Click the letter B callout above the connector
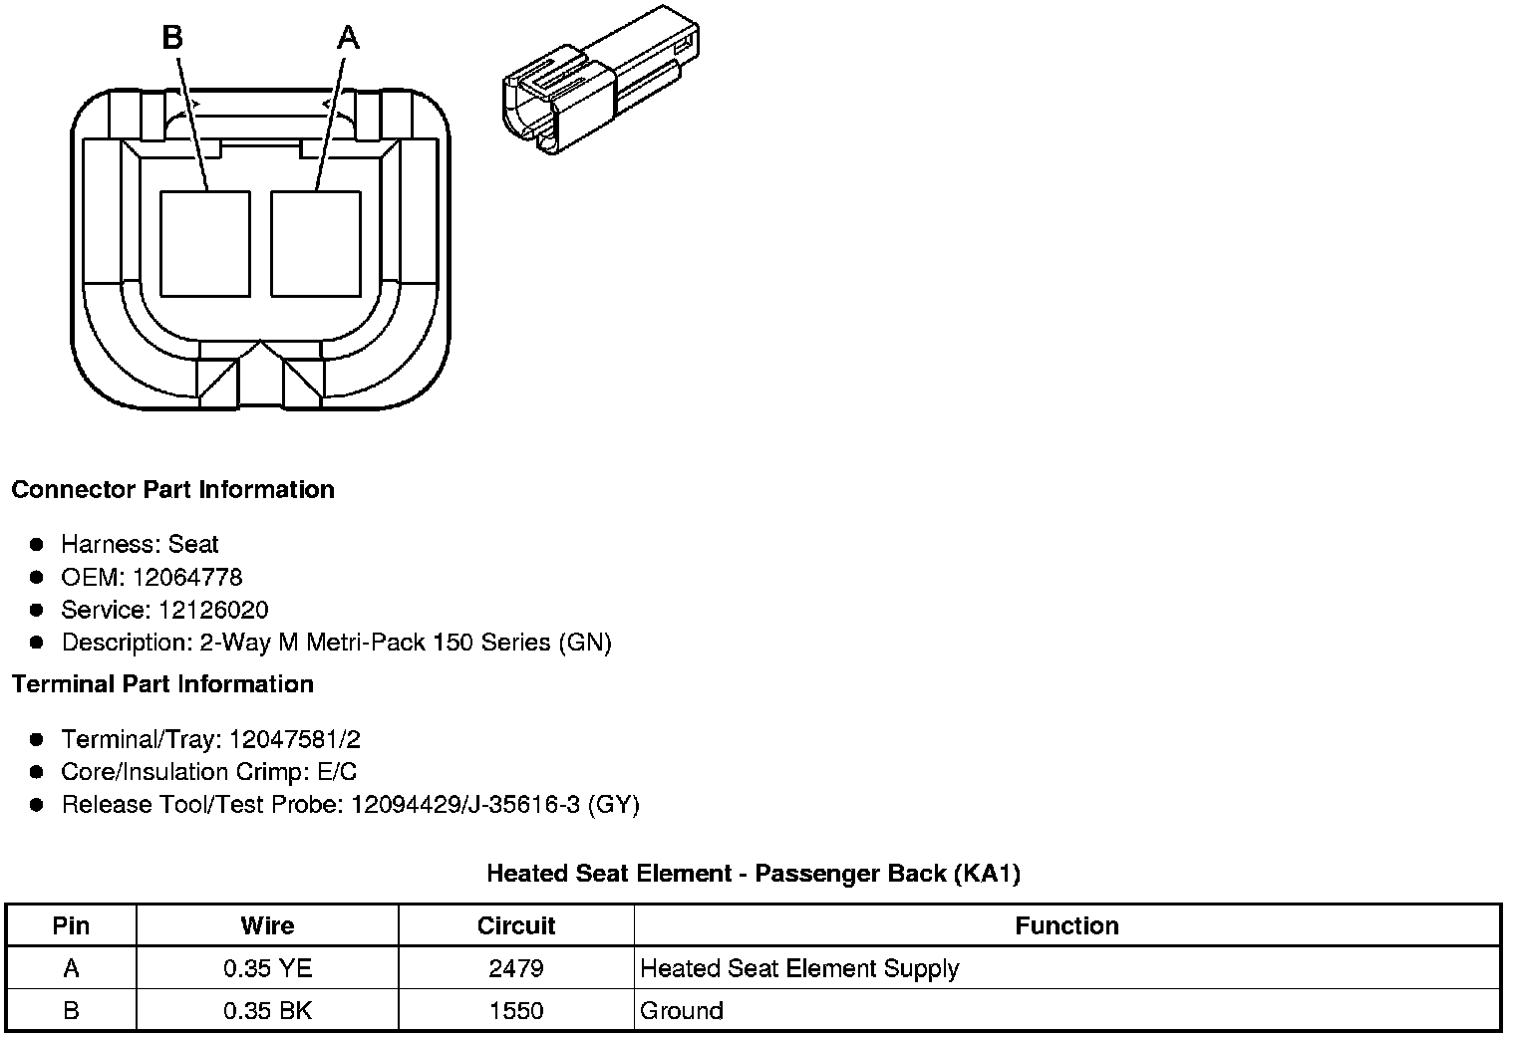(x=172, y=38)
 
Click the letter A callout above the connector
(x=347, y=38)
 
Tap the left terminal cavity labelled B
(x=204, y=243)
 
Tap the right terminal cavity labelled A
(x=315, y=243)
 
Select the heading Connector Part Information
(x=172, y=489)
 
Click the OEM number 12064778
(x=186, y=577)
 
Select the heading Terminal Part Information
(x=162, y=684)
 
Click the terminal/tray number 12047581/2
(x=294, y=739)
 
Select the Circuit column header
(x=516, y=925)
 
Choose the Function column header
(x=1066, y=925)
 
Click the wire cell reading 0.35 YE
(x=267, y=968)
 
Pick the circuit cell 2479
(x=516, y=968)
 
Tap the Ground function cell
(x=682, y=1010)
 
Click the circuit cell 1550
(x=516, y=1010)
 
